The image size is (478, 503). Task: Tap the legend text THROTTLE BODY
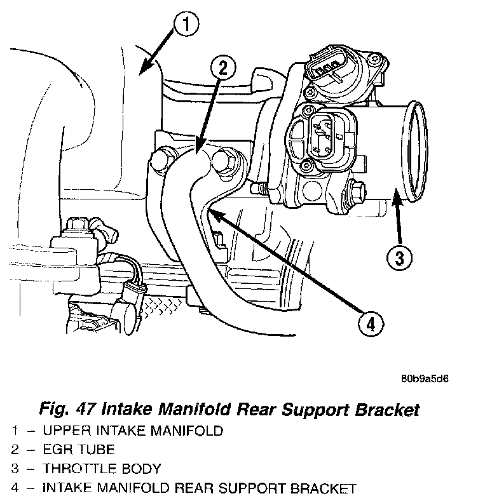tap(102, 469)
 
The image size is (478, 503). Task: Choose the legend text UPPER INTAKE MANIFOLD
tap(133, 431)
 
